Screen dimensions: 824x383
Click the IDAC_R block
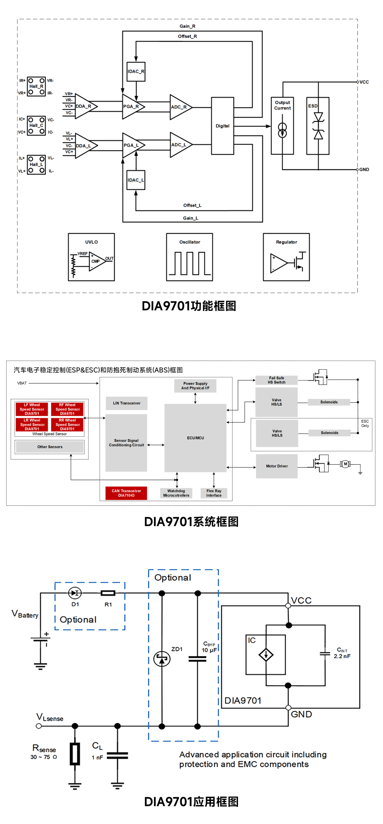tap(136, 71)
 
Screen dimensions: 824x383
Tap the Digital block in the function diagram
tap(222, 126)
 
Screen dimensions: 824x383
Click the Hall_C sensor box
tap(37, 126)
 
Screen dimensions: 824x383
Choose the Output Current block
tap(282, 126)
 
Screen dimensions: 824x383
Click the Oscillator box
tap(189, 257)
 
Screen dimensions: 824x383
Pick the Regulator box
tap(286, 257)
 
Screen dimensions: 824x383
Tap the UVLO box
tap(91, 257)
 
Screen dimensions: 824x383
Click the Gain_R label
tap(187, 26)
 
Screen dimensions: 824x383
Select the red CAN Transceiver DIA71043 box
tap(126, 493)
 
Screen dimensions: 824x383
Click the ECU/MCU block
tap(195, 438)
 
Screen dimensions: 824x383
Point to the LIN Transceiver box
tap(127, 403)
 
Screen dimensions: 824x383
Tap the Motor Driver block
tap(277, 466)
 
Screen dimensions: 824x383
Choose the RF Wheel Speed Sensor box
tap(67, 409)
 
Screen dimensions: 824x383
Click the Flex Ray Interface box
tap(214, 493)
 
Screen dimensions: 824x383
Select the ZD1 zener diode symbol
tap(162, 659)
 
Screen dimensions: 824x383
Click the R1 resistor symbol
tap(108, 593)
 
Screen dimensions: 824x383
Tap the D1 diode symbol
tap(75, 593)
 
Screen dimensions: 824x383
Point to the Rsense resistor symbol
tap(75, 754)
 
